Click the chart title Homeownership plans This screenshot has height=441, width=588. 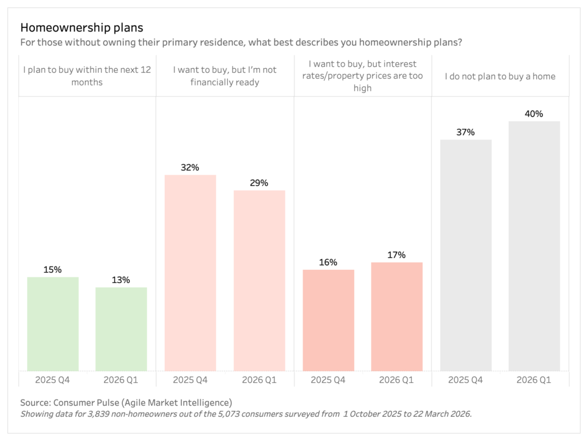pos(82,28)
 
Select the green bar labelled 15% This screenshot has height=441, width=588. pos(53,324)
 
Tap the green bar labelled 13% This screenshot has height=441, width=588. pos(121,329)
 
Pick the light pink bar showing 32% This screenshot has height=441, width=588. pos(190,273)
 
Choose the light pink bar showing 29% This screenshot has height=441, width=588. pos(259,281)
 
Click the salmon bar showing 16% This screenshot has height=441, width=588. pos(328,320)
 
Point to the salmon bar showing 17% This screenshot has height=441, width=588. pos(397,316)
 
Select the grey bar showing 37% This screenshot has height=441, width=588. pos(466,255)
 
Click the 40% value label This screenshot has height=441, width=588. pos(534,114)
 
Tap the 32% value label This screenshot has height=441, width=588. pos(190,168)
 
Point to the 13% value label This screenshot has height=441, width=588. pos(121,280)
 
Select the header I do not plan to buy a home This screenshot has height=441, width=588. pos(500,76)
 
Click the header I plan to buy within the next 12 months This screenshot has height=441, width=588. pos(87,76)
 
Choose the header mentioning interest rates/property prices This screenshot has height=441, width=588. pos(362,76)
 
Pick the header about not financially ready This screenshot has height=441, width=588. pos(225,76)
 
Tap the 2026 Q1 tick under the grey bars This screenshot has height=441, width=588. pos(534,380)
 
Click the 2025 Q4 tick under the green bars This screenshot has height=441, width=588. pos(53,380)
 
